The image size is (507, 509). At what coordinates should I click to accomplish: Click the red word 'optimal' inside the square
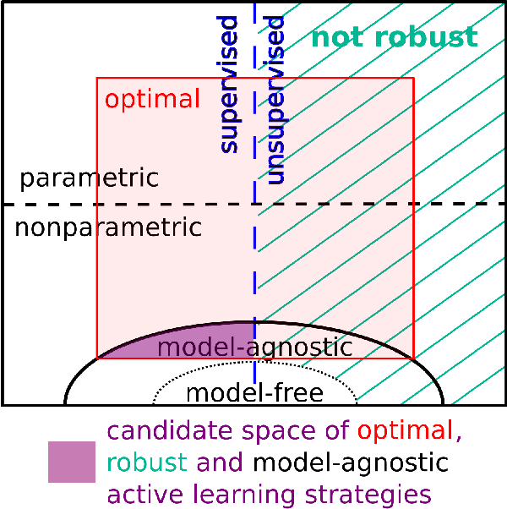tap(152, 99)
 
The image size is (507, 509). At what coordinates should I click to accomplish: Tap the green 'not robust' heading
tap(395, 37)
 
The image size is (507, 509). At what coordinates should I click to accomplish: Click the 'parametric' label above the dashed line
tap(89, 178)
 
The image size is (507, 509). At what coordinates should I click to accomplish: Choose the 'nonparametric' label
tap(107, 227)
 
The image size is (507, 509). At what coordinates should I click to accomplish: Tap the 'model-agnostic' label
tap(254, 347)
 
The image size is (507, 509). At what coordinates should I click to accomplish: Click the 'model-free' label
tap(254, 392)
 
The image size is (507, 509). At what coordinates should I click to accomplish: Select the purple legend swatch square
tap(72, 462)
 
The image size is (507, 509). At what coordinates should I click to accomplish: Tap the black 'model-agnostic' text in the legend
tap(351, 462)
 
